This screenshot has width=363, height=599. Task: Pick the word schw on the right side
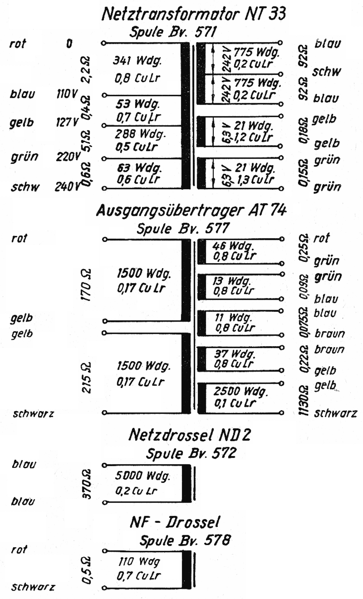coord(327,72)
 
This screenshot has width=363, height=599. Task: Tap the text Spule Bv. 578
coord(185,540)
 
